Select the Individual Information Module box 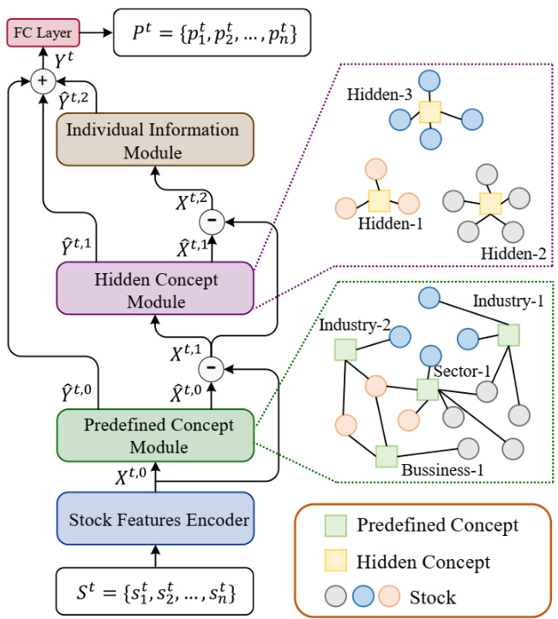click(x=155, y=141)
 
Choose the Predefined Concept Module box click(x=155, y=435)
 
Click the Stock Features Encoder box click(x=155, y=519)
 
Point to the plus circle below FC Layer click(x=39, y=82)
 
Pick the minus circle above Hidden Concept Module click(x=210, y=220)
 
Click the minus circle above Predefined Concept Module click(x=210, y=368)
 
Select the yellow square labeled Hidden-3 click(x=430, y=112)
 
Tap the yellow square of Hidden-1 click(x=378, y=200)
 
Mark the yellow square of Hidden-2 click(x=490, y=205)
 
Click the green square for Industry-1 click(x=508, y=335)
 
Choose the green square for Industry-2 click(x=345, y=348)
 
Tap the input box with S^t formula click(x=155, y=591)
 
